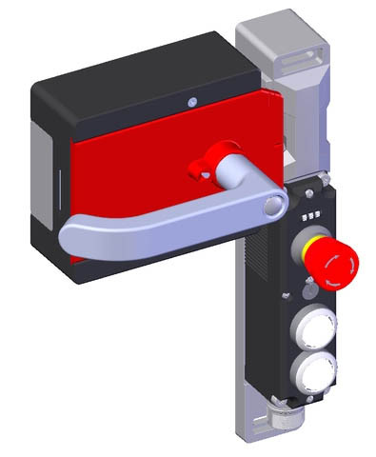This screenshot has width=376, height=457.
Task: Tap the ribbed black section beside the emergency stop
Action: coord(263,267)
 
